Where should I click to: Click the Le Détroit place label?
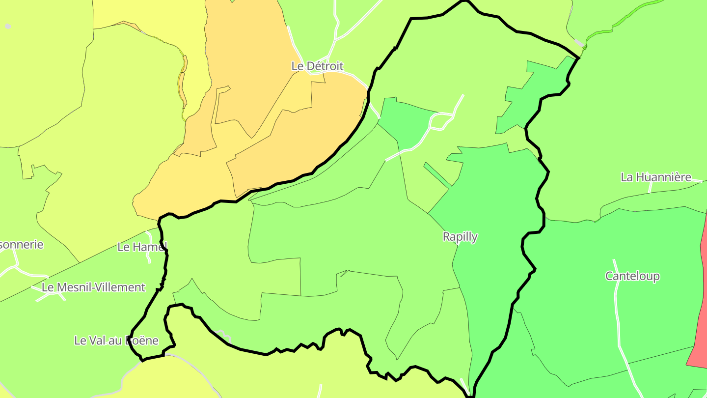[317, 66]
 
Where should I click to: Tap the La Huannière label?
[655, 177]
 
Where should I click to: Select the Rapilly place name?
[460, 237]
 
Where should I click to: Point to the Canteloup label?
[632, 276]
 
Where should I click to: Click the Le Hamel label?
[142, 247]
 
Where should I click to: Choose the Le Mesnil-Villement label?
[94, 287]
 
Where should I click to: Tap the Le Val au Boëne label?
[116, 340]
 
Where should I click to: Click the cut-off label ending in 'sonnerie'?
[22, 245]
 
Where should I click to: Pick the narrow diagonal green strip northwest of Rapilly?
[437, 175]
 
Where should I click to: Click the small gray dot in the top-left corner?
[8, 26]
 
